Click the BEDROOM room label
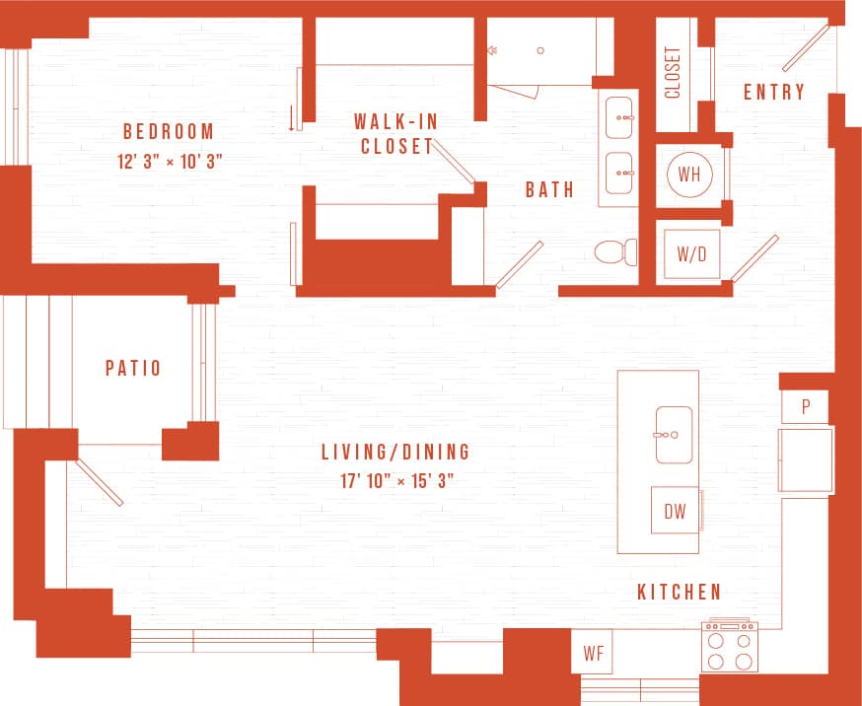pos(168,132)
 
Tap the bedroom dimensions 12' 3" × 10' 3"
pos(170,162)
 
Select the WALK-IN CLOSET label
pos(396,134)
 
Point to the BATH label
pos(549,189)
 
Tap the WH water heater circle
pos(689,176)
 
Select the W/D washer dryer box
pos(691,253)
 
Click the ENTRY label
pos(774,93)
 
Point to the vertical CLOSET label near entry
pos(673,73)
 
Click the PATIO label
pos(133,369)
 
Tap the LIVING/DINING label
pos(395,453)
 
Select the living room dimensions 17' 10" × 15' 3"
pos(395,481)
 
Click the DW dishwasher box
pos(675,511)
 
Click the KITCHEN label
pos(680,593)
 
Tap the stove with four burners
pos(729,647)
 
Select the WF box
pos(593,653)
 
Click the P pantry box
pos(805,407)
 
